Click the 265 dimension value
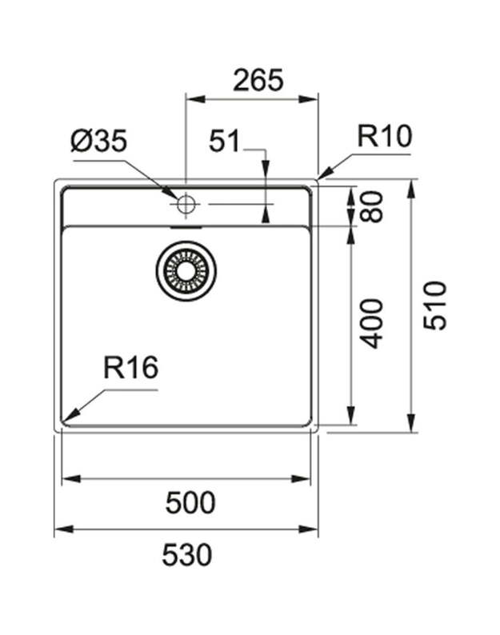(x=258, y=80)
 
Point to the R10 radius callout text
(x=384, y=137)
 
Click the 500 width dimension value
(x=190, y=503)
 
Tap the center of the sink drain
(x=186, y=272)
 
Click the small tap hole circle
(x=186, y=204)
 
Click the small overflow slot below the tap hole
(x=186, y=226)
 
